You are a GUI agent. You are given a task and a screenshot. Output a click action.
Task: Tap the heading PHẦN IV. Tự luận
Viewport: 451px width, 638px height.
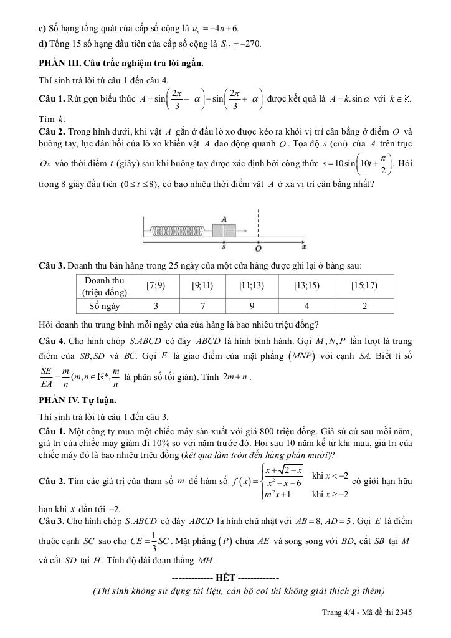click(77, 400)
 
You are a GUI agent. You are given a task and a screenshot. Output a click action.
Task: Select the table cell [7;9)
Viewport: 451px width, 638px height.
click(156, 286)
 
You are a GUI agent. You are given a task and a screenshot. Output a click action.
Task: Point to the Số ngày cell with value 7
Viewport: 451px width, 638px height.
click(202, 306)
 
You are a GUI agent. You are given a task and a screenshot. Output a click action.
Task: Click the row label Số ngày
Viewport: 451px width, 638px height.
click(105, 306)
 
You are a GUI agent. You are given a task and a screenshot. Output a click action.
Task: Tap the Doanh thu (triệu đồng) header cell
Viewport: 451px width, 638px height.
click(105, 286)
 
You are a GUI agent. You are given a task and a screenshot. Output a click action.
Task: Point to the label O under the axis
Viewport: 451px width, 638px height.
click(257, 248)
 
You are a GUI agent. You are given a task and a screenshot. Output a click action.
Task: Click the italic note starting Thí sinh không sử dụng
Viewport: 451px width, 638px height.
click(238, 591)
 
